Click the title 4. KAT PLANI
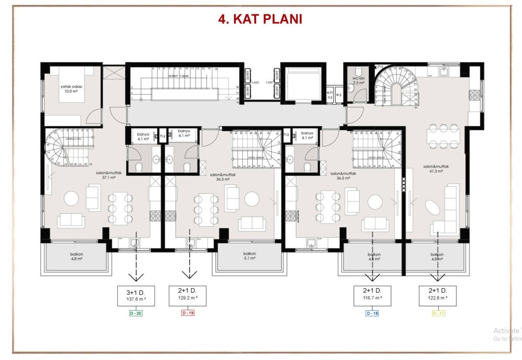260,20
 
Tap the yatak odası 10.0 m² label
71,89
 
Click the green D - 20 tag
135,313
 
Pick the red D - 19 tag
187,313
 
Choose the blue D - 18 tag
372,313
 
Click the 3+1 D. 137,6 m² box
136,296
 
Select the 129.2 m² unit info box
187,296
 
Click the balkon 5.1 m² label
250,256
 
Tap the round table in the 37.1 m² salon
71,199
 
